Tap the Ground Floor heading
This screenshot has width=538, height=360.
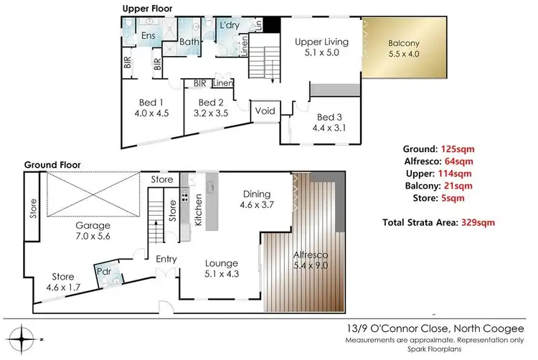coord(52,164)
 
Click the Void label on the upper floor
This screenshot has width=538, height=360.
coord(265,111)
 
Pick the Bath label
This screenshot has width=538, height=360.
coord(189,42)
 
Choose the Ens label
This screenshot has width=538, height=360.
coord(148,36)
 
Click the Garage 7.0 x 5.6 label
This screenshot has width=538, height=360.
coord(94,230)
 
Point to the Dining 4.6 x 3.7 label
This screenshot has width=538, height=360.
coord(256,199)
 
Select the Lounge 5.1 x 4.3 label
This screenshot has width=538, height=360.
coord(222,267)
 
